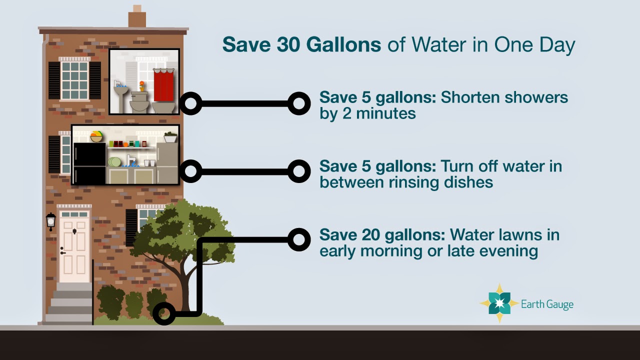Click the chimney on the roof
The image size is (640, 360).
(137, 16)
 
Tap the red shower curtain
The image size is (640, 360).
(163, 85)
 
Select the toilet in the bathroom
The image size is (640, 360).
(139, 101)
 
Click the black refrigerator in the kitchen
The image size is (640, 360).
(89, 163)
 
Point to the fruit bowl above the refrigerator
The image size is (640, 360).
(96, 136)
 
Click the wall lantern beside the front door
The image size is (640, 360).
(51, 221)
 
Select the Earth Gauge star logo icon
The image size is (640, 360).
(499, 303)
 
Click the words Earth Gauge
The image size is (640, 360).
(547, 304)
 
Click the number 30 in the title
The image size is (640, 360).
(288, 44)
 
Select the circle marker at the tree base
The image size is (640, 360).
(164, 313)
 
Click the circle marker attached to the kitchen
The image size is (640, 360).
(190, 171)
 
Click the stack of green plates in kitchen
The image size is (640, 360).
(114, 161)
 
